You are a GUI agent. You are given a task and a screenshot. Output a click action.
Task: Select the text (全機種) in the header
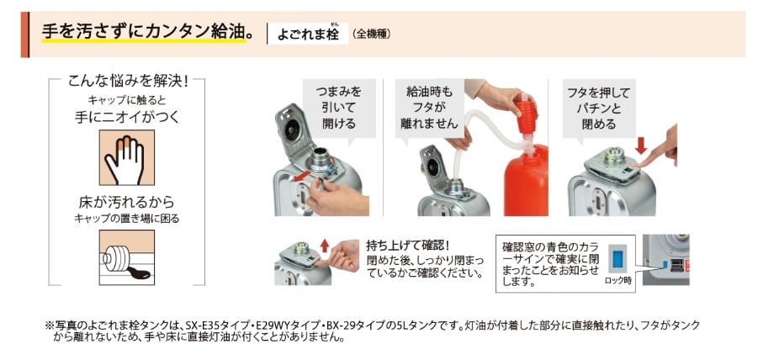371,34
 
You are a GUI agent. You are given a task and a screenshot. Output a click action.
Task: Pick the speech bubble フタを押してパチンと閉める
601,108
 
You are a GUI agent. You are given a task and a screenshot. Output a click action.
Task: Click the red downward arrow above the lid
641,146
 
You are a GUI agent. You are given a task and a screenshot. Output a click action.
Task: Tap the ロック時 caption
618,282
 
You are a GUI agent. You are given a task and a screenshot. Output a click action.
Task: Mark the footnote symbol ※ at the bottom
49,324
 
